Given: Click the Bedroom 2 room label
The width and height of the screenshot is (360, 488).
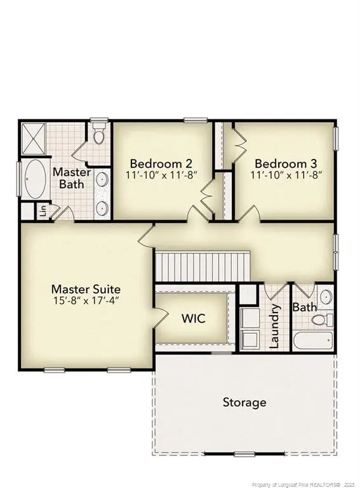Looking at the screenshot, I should point(162,163).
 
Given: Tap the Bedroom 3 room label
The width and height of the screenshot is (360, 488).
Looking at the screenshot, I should point(284,163).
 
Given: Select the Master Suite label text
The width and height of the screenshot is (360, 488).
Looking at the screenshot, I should point(86,289).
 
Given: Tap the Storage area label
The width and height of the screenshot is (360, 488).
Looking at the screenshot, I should point(244,402).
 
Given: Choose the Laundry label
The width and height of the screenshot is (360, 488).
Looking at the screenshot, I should point(275,327).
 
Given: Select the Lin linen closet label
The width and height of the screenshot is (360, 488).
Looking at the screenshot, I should point(43,210).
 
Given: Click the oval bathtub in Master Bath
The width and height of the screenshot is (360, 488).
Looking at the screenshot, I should point(36,179).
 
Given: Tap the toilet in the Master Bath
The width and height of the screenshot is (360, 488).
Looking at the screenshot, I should point(98,135).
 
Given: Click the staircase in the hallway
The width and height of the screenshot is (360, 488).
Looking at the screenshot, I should point(203,266).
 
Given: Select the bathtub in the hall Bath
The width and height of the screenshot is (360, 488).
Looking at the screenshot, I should point(313,341).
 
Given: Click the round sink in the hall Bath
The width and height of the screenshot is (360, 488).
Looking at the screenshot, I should point(325,296).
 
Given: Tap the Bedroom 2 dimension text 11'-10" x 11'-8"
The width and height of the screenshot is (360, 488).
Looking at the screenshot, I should point(162,175).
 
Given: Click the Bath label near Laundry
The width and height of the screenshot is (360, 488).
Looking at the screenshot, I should point(304,308).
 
